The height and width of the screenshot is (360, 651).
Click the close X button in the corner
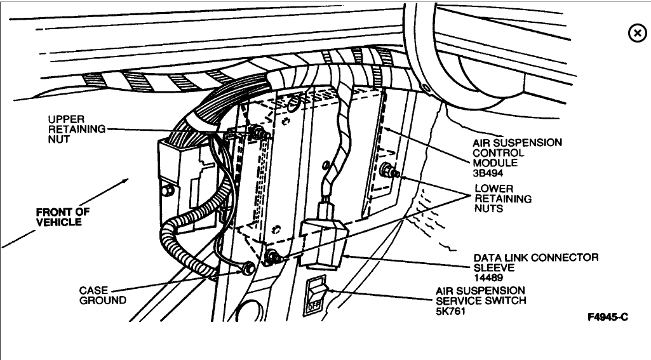(636, 34)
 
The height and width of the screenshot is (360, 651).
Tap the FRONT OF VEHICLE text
(62, 217)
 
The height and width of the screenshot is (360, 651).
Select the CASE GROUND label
(102, 295)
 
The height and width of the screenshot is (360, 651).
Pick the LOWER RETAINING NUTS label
(503, 199)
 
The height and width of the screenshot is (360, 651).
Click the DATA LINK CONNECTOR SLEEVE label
(535, 262)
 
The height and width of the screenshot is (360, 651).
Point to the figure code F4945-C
(607, 316)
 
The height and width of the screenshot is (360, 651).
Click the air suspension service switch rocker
(316, 294)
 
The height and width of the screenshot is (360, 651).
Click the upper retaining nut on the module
(258, 132)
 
